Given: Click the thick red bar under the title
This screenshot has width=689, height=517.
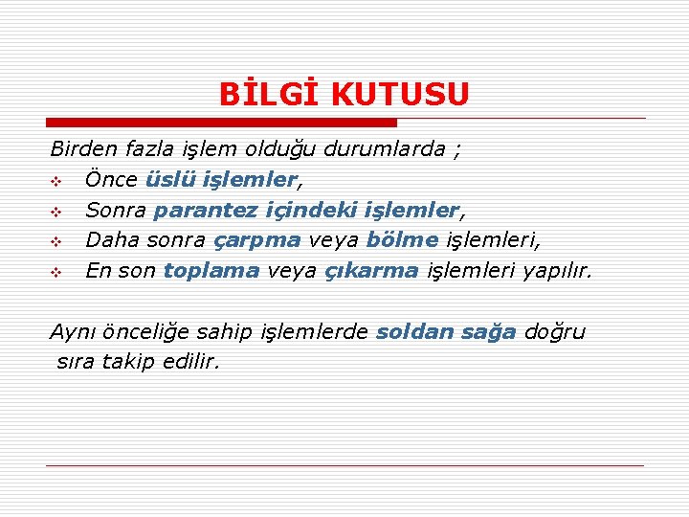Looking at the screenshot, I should click(x=221, y=123).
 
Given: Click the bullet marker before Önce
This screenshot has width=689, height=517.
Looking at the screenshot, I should click(x=56, y=180).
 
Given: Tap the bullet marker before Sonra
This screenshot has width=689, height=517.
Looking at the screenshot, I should click(x=56, y=211).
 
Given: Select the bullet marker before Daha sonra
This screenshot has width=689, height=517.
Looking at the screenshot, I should click(x=56, y=241).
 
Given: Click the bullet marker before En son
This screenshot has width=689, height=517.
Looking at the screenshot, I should click(x=56, y=272).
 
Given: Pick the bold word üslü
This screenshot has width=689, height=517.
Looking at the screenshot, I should click(x=169, y=179).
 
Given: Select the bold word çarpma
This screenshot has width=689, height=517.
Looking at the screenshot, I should click(x=256, y=240).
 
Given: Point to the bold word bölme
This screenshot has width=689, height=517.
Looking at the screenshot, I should click(x=402, y=240).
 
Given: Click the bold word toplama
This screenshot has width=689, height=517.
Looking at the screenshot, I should click(x=211, y=271).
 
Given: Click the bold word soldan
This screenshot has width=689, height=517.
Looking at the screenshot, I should click(x=414, y=332).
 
